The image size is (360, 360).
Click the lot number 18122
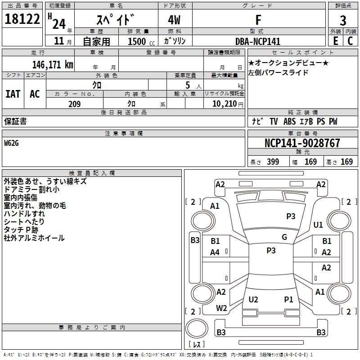pyautogui.click(x=22, y=19)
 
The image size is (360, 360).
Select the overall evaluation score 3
pyautogui.click(x=343, y=20)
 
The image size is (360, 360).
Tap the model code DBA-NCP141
pyautogui.click(x=258, y=41)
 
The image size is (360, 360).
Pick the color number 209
pyautogui.click(x=74, y=104)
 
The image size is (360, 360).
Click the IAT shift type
pyautogui.click(x=13, y=94)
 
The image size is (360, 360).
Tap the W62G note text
pyautogui.click(x=12, y=143)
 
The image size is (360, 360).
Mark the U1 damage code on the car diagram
pyautogui.click(x=318, y=225)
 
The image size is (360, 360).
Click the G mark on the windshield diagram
pyautogui.click(x=284, y=237)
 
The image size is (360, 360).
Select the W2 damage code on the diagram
pyautogui.click(x=221, y=308)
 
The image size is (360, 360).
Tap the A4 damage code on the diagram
pyautogui.click(x=215, y=252)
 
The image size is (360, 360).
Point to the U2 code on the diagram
pyautogui.click(x=253, y=300)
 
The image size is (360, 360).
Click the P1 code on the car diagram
pyautogui.click(x=288, y=300)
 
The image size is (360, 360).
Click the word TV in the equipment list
pyautogui.click(x=274, y=121)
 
